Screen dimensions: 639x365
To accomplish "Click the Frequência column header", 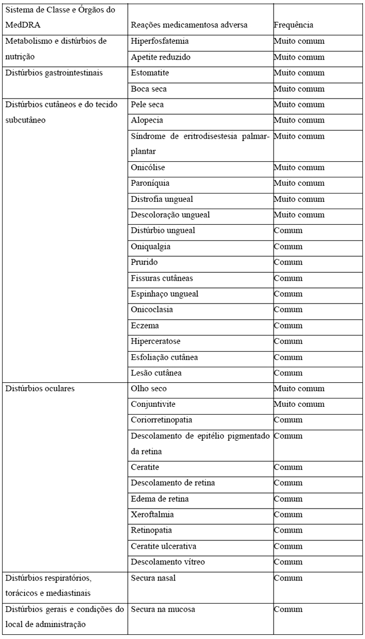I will (293, 25).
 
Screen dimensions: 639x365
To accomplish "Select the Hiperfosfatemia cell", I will (160, 41).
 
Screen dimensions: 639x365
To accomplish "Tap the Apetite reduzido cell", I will (160, 57).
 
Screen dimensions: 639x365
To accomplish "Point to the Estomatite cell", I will (150, 73).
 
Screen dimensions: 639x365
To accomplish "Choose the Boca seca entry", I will (149, 89).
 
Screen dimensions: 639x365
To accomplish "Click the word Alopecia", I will (147, 120).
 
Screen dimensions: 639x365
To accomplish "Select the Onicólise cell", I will (148, 167).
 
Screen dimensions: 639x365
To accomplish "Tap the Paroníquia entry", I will (150, 183).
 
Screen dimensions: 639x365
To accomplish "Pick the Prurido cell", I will (144, 262).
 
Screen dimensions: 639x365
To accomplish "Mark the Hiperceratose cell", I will (156, 341).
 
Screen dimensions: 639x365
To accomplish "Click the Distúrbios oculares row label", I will (40, 389).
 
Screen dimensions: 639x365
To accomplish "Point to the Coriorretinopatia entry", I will (162, 420).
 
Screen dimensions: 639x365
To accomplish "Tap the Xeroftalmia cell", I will (152, 514).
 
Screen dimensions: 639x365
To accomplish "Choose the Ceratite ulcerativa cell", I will (163, 546).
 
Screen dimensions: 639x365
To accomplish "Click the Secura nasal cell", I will (152, 578).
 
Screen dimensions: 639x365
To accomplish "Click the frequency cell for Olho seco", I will (299, 389).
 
